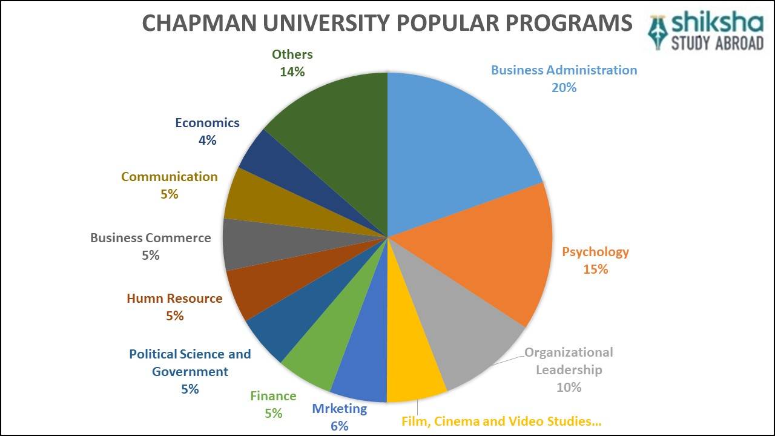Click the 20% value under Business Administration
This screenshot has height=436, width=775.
[564, 87]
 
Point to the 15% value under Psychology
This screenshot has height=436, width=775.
[595, 269]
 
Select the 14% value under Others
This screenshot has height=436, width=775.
[292, 71]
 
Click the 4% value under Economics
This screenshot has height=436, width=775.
[207, 140]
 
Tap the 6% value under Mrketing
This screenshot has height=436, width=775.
[339, 426]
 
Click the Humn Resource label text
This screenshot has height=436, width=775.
[174, 299]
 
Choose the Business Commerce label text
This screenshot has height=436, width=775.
[150, 237]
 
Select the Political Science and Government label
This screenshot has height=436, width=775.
[190, 362]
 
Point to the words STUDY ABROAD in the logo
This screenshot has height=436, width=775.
[717, 44]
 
